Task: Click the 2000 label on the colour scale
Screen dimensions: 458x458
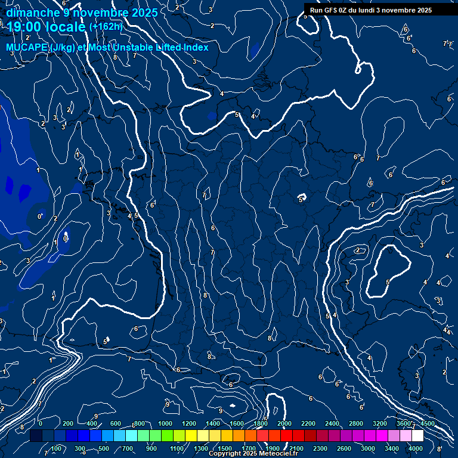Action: [284, 423]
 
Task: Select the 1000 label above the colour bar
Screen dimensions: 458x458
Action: [165, 423]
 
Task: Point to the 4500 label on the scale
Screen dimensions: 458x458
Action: [427, 423]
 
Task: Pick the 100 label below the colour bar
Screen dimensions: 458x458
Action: [57, 448]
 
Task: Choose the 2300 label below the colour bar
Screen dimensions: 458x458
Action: [320, 448]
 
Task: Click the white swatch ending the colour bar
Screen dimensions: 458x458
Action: [417, 436]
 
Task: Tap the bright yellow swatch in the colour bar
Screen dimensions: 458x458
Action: [191, 436]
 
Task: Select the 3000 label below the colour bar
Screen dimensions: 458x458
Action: [368, 448]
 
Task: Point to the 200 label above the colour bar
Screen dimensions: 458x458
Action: [68, 423]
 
